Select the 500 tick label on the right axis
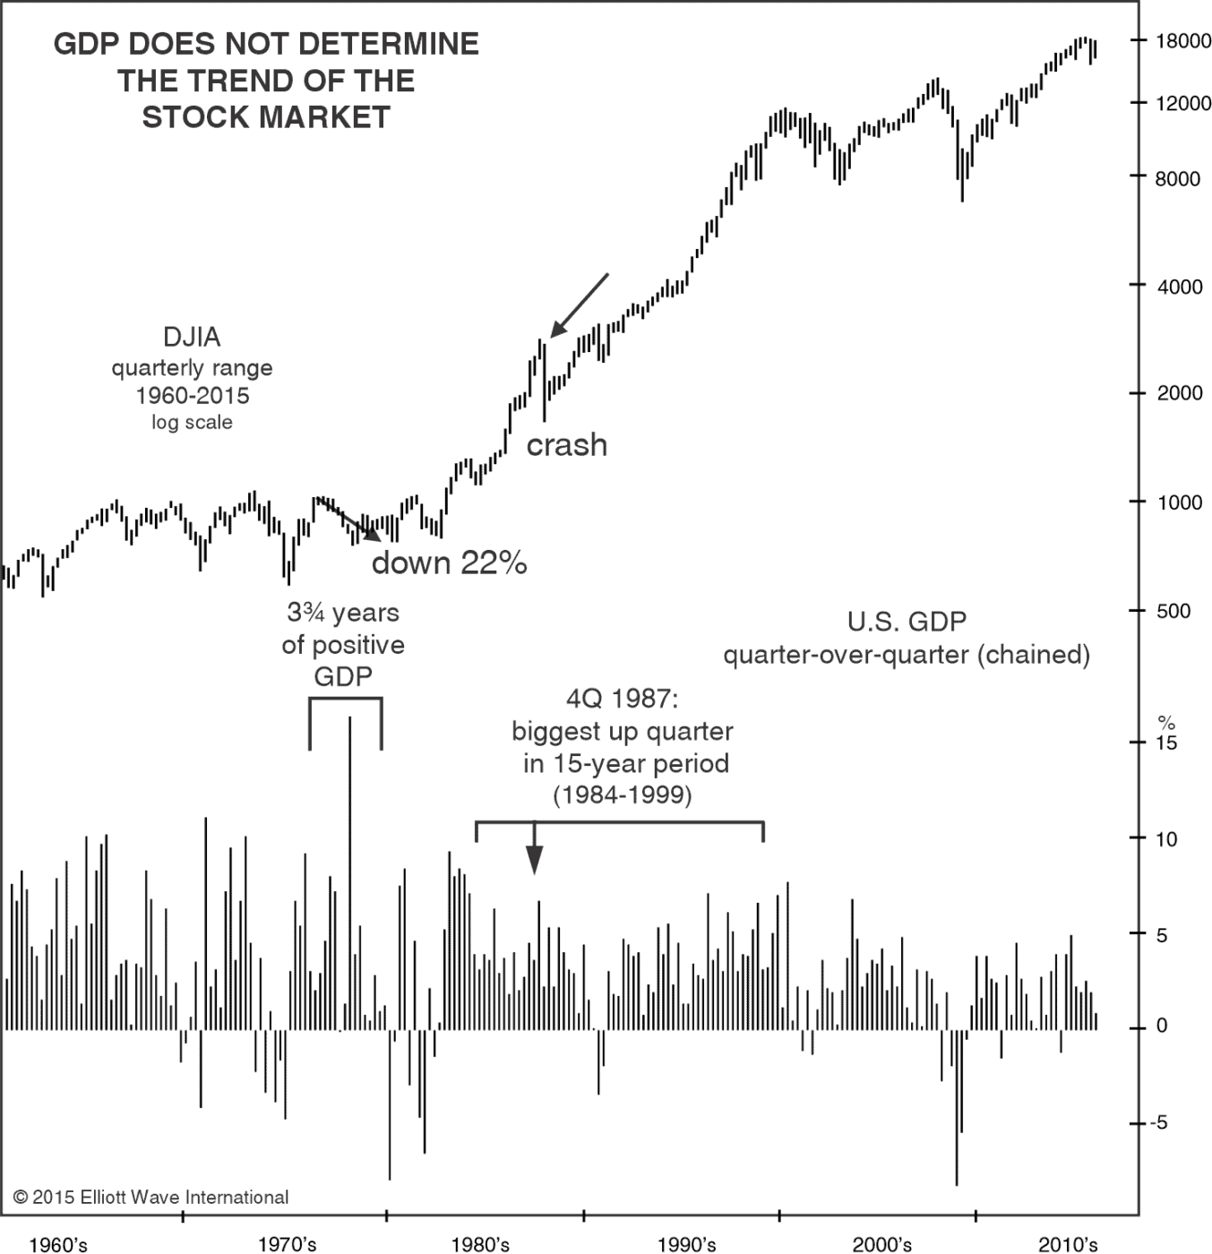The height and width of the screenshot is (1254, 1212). tap(1173, 612)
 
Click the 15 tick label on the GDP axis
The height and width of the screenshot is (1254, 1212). tap(1166, 743)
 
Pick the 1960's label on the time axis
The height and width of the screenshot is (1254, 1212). tap(58, 1244)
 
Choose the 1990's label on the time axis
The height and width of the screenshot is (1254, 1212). tap(686, 1244)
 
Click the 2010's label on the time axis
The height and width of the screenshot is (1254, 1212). tap(1068, 1244)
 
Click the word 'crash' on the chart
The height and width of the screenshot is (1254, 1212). tap(566, 445)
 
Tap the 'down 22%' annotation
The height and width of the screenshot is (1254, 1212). tap(449, 563)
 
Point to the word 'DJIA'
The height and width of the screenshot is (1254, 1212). tap(192, 338)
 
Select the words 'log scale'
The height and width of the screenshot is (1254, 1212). tap(192, 423)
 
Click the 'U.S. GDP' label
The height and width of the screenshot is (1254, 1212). tap(907, 622)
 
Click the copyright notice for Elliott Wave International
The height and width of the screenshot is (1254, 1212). tap(150, 1198)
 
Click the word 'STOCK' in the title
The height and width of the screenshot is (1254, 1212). tap(199, 117)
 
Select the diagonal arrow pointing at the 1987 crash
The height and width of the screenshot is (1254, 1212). tap(578, 306)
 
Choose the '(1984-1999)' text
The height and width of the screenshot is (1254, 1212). tap(623, 794)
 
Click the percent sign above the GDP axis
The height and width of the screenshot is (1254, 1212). tap(1165, 722)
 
